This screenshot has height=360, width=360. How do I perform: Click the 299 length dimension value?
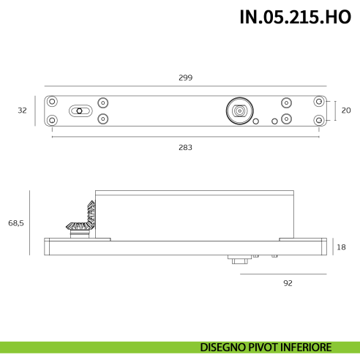point(185,78)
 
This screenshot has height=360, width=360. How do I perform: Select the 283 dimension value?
point(185,147)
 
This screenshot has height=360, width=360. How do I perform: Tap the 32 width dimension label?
point(22,110)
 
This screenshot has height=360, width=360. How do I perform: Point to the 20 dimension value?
point(346,110)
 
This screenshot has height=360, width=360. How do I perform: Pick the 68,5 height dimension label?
point(16,222)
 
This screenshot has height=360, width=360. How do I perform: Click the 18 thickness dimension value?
point(341,247)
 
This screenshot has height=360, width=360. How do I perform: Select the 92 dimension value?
point(288,282)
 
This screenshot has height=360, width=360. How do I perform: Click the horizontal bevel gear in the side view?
point(77,228)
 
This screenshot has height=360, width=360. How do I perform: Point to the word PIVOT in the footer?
point(265,348)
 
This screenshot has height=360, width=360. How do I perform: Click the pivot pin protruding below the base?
point(238,260)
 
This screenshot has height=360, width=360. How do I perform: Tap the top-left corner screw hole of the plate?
point(51,102)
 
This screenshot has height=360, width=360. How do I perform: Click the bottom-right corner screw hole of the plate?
point(318,119)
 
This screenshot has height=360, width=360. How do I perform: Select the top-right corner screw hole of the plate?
point(318,102)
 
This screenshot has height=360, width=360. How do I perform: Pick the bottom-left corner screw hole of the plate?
point(51,119)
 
